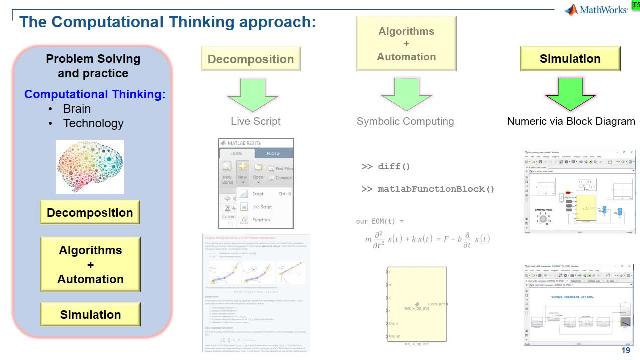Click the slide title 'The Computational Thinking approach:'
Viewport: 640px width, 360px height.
[x=160, y=21]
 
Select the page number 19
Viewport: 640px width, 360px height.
[x=625, y=349]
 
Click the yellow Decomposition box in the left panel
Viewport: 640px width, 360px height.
[x=88, y=213]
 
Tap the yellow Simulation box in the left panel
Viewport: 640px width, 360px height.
[x=88, y=315]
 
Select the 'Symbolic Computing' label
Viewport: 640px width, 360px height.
[x=404, y=122]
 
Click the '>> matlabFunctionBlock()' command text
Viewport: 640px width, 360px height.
[x=427, y=188]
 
